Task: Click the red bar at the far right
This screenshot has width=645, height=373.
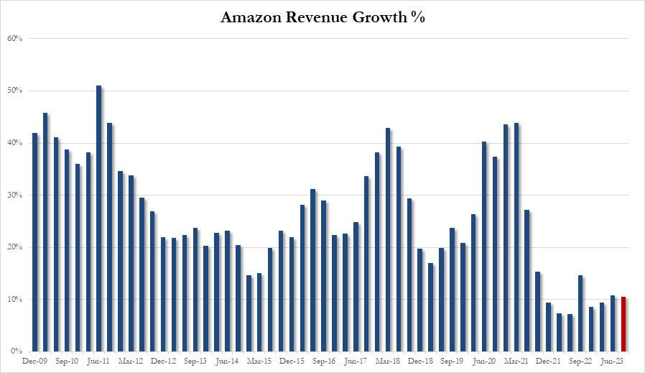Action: (x=623, y=324)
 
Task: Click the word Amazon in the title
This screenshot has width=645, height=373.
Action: (x=252, y=18)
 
